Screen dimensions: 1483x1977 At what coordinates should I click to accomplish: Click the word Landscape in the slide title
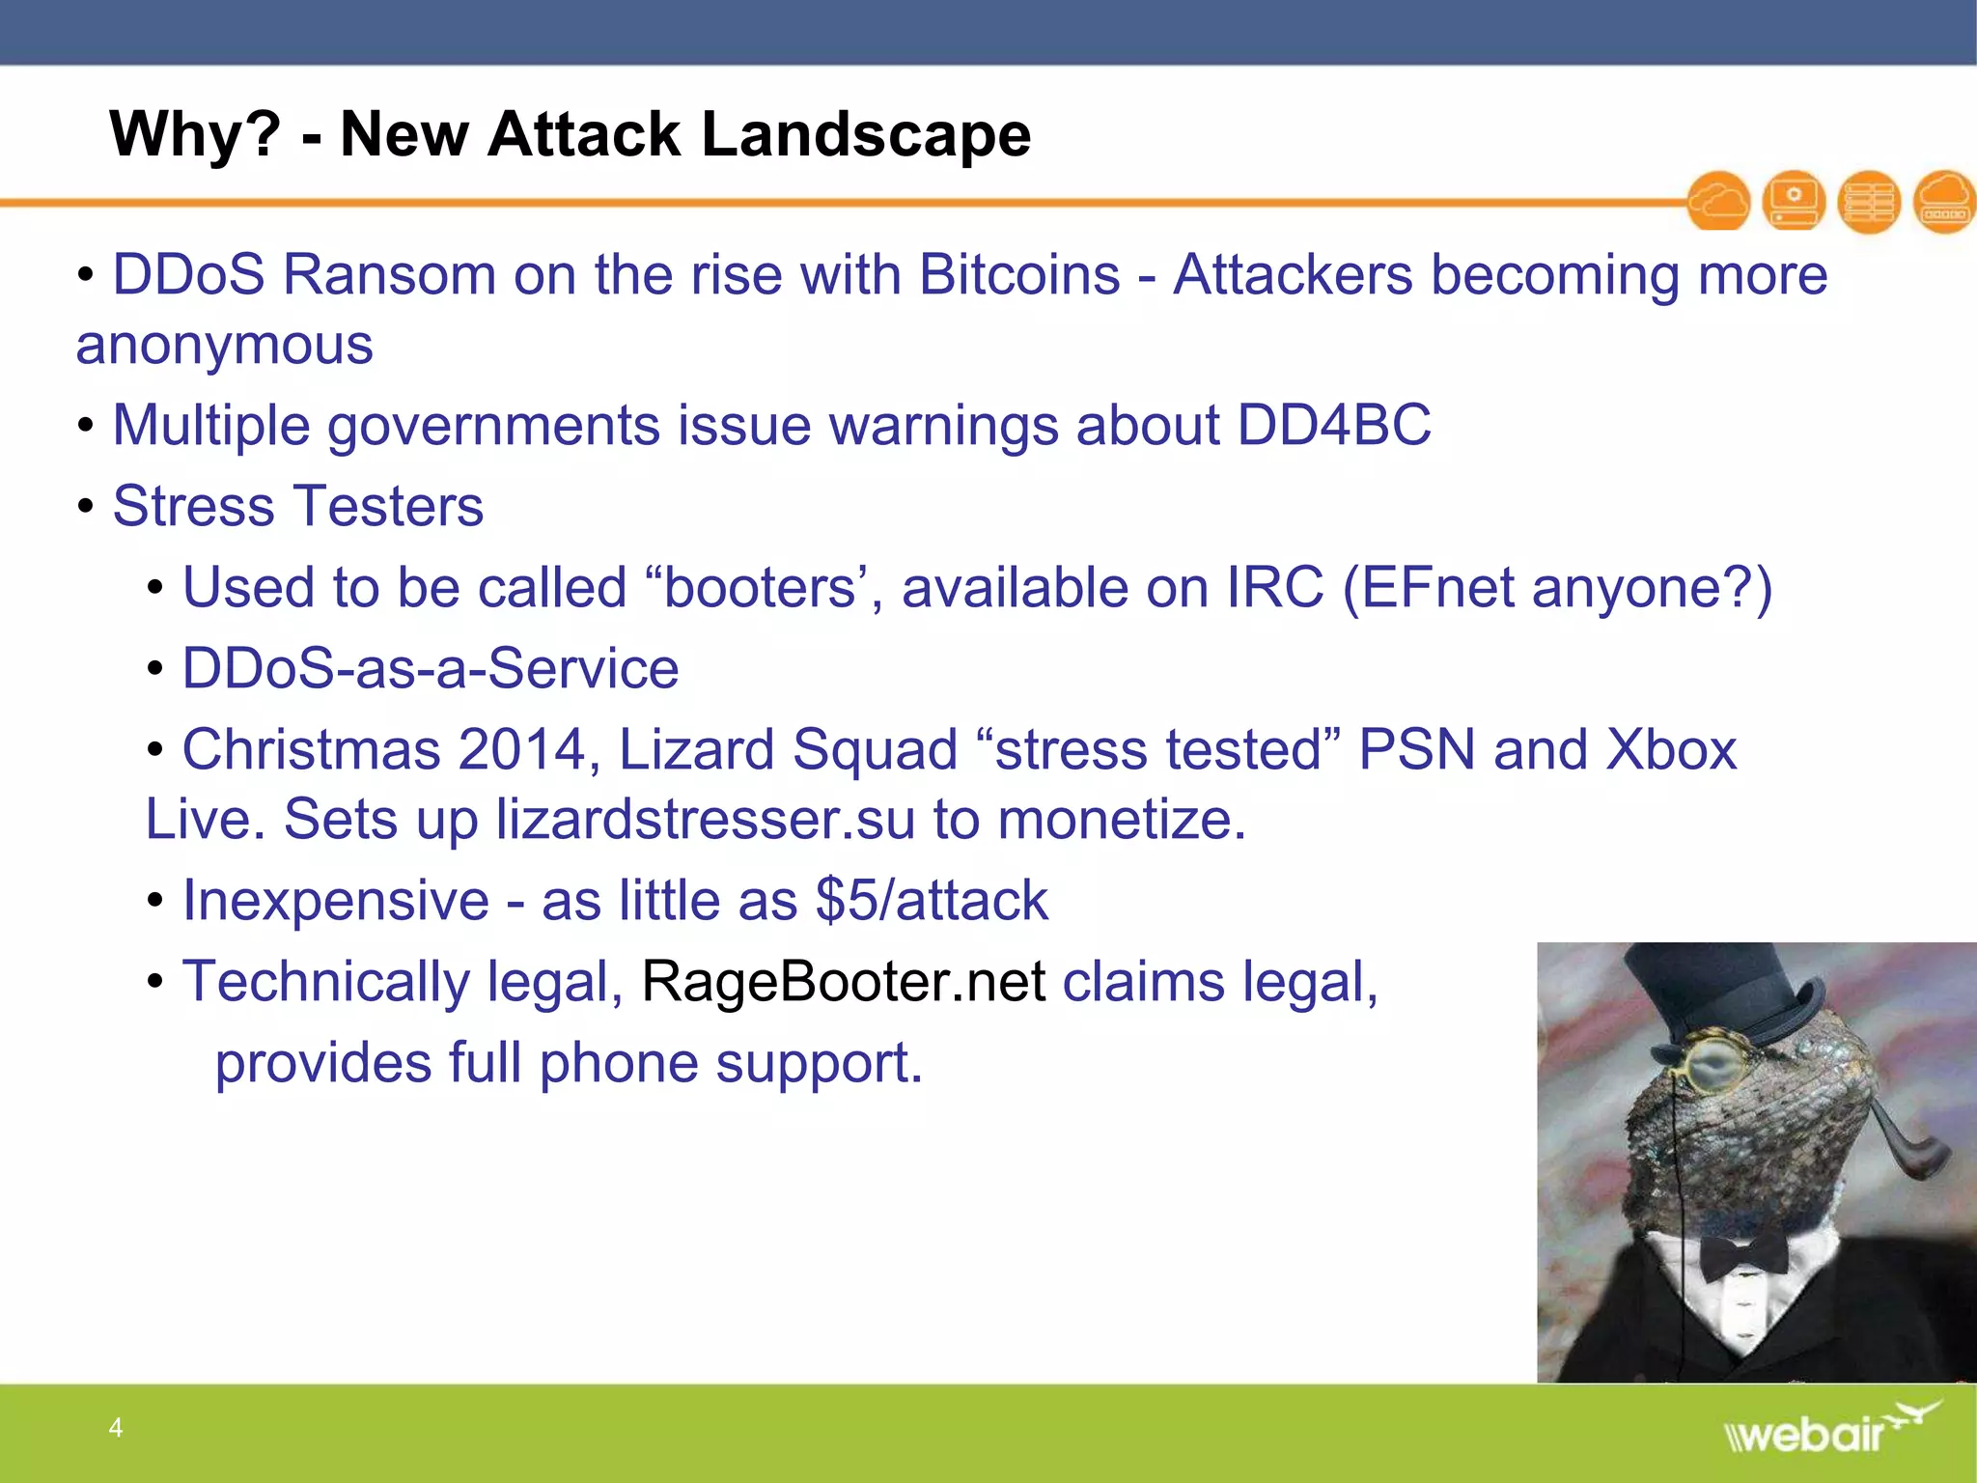click(866, 134)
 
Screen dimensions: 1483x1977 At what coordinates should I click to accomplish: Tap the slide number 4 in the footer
click(116, 1427)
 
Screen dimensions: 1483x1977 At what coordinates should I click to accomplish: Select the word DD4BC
click(1334, 425)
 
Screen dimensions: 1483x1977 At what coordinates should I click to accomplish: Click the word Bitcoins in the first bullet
click(1019, 275)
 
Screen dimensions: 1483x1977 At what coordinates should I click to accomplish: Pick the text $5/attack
click(932, 901)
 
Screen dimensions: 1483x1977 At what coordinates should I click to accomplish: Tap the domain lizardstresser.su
click(706, 820)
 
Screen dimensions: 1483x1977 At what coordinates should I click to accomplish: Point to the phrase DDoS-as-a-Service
click(431, 669)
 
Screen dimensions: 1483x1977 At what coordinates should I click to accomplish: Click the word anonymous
click(224, 346)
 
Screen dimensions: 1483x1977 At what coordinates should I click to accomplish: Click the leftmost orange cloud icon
click(1718, 202)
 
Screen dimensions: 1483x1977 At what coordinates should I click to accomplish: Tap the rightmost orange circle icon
click(1944, 202)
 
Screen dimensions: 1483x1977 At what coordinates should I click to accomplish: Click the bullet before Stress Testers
click(86, 506)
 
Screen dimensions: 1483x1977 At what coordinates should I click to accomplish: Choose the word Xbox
click(1671, 750)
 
